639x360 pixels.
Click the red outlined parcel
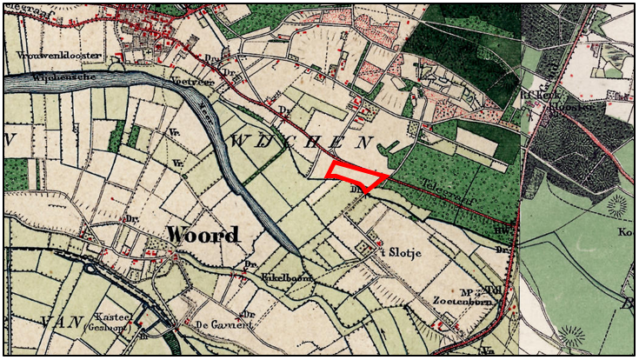tap(356, 175)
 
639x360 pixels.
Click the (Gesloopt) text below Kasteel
tap(107, 330)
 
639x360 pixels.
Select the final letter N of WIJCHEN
tap(369, 142)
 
